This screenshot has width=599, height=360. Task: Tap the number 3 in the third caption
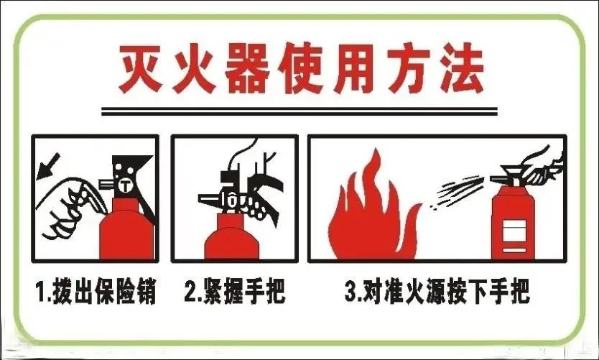click(x=350, y=293)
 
